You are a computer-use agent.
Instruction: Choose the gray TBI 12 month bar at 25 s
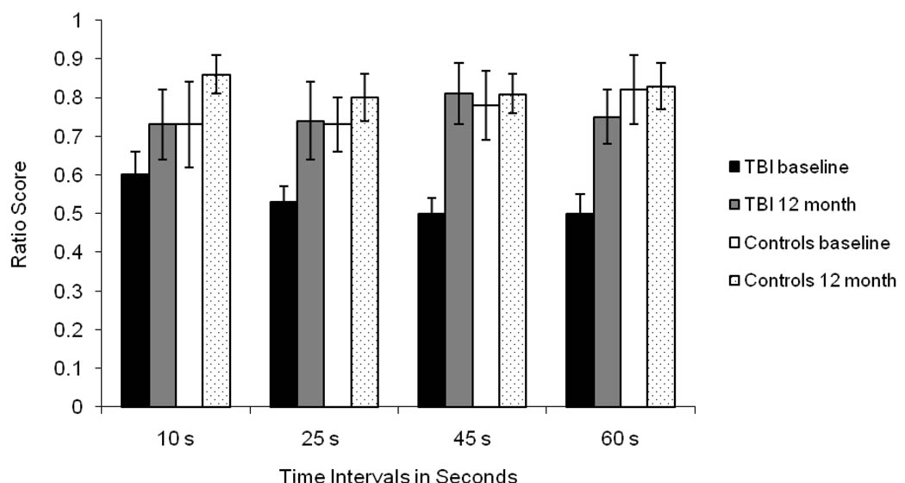(311, 264)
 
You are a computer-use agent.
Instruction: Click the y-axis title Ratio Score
(19, 212)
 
